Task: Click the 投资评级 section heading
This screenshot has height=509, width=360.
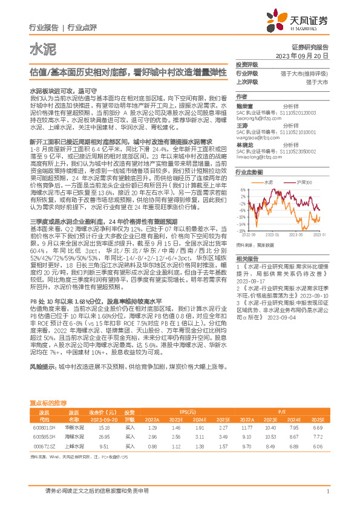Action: click(246, 64)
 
